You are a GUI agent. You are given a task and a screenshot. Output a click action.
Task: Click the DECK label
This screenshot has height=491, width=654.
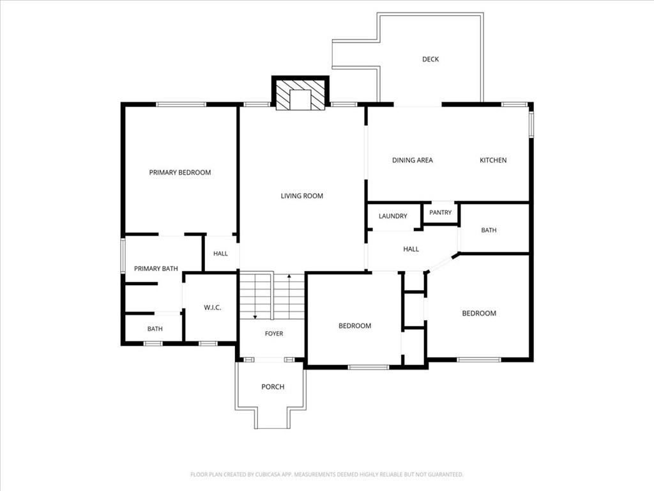(x=430, y=59)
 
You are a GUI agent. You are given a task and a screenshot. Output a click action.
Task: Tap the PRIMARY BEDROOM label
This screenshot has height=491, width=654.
(x=179, y=173)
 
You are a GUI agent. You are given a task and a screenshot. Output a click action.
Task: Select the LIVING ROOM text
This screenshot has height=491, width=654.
(x=302, y=196)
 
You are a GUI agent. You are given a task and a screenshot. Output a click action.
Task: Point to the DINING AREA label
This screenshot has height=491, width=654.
(x=413, y=160)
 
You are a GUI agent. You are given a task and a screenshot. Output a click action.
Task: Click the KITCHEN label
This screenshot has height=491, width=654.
(x=493, y=160)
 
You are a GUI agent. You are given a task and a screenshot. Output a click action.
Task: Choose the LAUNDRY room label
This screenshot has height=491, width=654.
(x=393, y=216)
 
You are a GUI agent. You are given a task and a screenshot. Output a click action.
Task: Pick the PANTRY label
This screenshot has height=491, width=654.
(x=441, y=212)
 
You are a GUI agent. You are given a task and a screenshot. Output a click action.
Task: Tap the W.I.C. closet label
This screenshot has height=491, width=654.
(x=212, y=308)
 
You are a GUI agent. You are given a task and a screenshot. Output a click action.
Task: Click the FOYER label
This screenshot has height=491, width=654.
(x=274, y=334)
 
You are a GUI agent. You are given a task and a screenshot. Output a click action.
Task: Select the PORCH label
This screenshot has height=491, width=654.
(x=273, y=387)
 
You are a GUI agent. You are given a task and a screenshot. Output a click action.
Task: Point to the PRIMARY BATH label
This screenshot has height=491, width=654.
(x=156, y=269)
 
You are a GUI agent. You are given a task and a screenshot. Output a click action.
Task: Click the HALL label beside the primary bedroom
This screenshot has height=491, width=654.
(x=220, y=253)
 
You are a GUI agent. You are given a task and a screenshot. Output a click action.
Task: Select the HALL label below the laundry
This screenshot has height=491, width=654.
(x=411, y=249)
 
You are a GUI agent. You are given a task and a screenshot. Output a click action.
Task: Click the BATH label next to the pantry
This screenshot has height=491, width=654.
(x=489, y=230)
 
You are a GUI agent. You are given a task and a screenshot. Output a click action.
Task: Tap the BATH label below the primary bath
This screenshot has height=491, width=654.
(x=155, y=329)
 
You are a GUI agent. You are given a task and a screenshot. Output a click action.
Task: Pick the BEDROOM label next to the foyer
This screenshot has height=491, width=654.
(x=355, y=325)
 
